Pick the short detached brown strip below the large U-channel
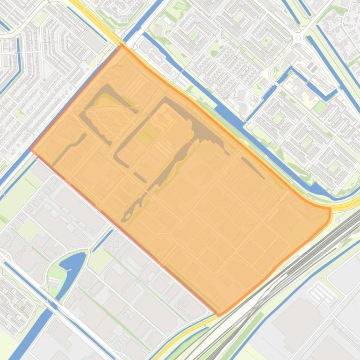pyautogui.click(x=140, y=177)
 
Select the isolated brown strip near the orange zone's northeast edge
pyautogui.click(x=253, y=168)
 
